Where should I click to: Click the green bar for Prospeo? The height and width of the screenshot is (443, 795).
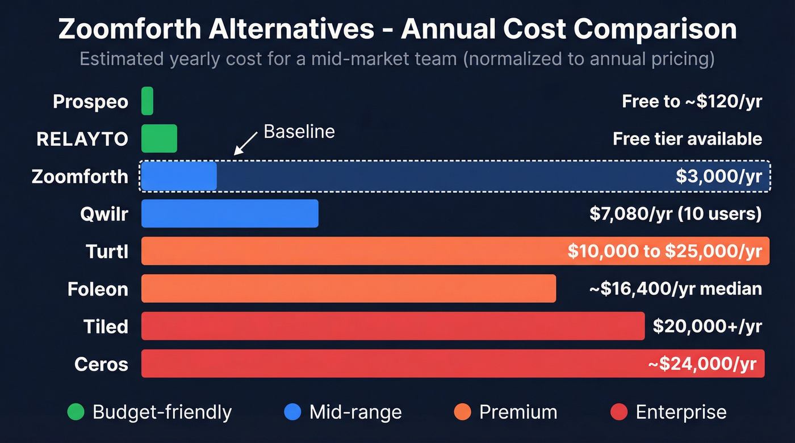point(147,101)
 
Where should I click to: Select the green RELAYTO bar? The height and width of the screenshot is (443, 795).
point(159,138)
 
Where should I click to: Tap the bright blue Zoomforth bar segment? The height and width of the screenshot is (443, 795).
point(179,176)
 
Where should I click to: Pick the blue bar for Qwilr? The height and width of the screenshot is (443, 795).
point(229,213)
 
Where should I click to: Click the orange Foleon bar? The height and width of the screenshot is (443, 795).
point(348,289)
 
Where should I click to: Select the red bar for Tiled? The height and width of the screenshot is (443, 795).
point(392,326)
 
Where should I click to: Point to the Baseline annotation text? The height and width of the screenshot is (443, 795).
point(299,132)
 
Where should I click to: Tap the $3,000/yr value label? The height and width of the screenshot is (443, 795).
point(719,176)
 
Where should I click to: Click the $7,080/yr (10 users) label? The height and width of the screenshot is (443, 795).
point(676,214)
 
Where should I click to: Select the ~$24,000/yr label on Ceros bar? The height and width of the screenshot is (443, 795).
point(702,364)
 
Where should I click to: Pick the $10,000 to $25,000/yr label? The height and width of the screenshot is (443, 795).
point(664,251)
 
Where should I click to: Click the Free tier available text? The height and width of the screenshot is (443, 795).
point(687,138)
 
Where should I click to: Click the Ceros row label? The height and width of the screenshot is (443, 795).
point(101,364)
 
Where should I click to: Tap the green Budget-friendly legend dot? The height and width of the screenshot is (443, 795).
point(76,412)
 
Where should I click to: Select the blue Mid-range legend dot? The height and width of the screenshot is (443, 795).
point(292,412)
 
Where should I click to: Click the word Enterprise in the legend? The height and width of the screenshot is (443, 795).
point(681,412)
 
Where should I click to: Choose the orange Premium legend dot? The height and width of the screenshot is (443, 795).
point(463,412)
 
